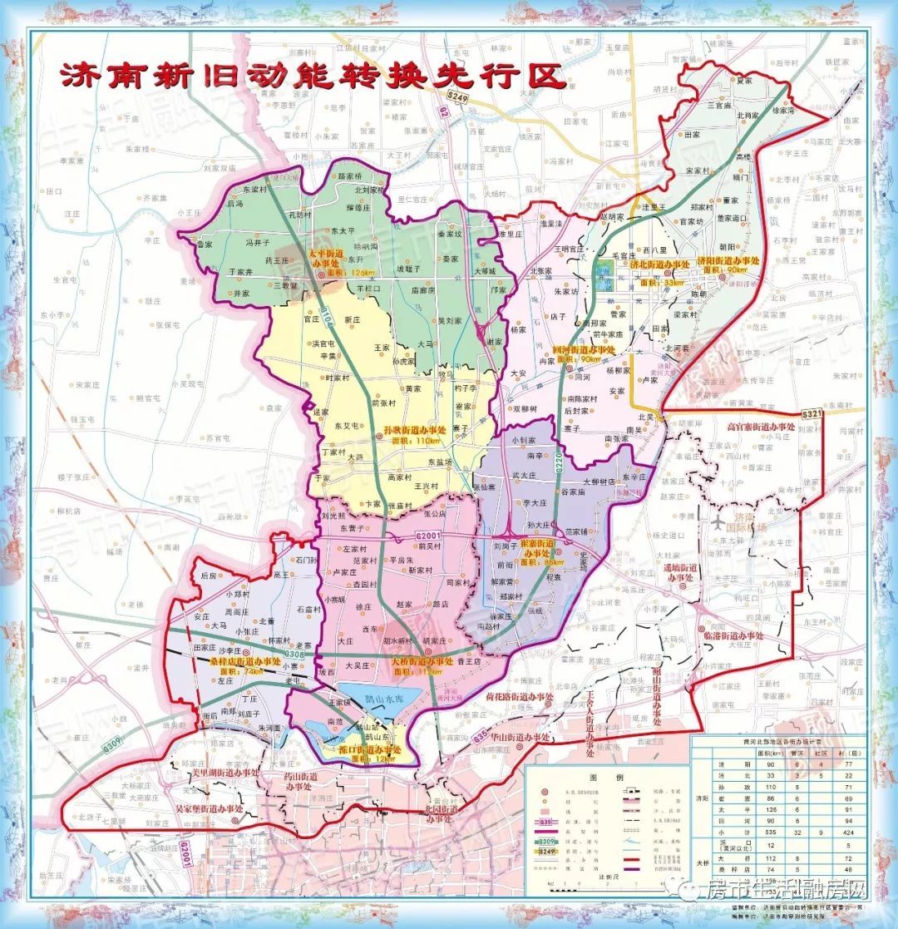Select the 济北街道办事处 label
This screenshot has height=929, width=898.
click(659, 264)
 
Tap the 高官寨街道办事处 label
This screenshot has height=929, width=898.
click(761, 427)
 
